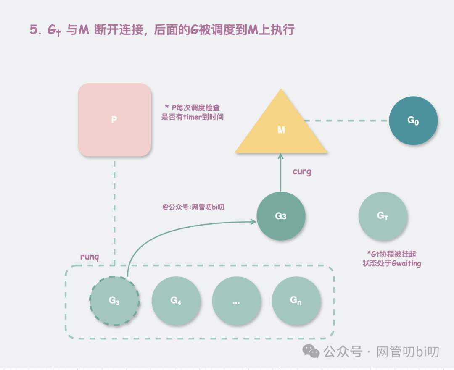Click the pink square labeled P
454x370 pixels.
(114, 120)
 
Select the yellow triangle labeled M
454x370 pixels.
(281, 128)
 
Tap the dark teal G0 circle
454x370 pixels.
(413, 121)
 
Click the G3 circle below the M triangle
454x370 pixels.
(281, 216)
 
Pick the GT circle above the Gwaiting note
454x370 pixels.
(383, 216)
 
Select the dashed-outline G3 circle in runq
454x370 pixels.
(114, 300)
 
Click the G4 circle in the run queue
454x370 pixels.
(176, 300)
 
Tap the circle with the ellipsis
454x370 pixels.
(236, 300)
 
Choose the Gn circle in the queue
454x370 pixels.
(296, 300)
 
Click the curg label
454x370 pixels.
(302, 171)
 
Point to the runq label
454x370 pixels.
(90, 257)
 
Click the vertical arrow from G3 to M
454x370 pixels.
(281, 172)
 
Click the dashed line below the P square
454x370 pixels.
(114, 210)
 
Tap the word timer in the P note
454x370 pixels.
(194, 117)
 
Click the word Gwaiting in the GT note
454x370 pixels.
(406, 264)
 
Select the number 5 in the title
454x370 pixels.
(33, 30)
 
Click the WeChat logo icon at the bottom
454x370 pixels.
(311, 351)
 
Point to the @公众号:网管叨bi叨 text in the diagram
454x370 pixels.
(193, 207)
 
